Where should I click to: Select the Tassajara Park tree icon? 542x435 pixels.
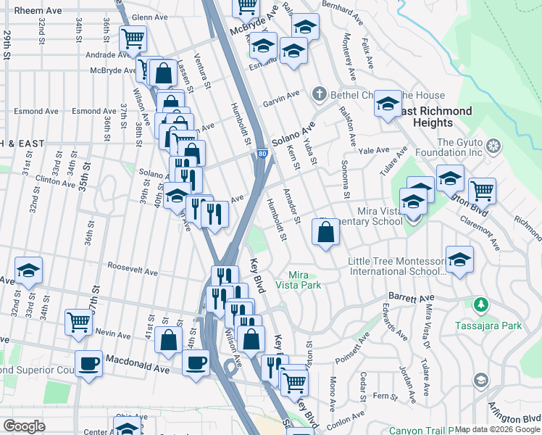(479, 303)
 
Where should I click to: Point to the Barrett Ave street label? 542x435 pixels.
(411, 297)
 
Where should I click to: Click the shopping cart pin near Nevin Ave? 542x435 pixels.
(78, 322)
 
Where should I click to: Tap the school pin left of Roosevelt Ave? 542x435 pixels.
(28, 271)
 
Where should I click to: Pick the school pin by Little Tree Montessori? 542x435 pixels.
(459, 260)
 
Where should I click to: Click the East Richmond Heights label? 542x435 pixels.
(433, 117)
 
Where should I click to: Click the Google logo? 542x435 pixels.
(24, 426)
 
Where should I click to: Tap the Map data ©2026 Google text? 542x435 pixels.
(497, 429)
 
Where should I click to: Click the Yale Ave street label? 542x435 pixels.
(374, 151)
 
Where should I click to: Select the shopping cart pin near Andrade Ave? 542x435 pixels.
(133, 38)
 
